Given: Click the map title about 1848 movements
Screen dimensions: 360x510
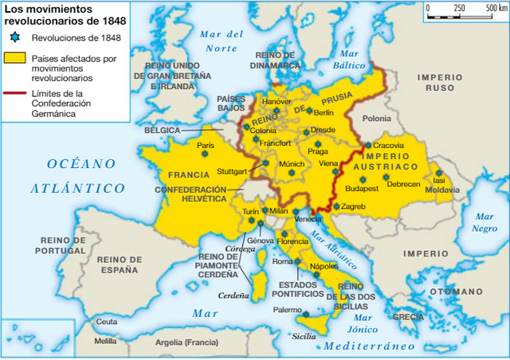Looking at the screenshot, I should coord(53,15).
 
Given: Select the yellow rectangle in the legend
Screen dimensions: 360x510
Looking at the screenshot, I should coord(15,58).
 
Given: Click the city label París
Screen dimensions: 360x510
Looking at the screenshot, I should coord(206,145).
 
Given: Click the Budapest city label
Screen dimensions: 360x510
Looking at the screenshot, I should coord(362,188).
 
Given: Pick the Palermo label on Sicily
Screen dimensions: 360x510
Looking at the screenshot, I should coord(288,309).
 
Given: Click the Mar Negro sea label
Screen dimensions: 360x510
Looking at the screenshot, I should coord(485,222).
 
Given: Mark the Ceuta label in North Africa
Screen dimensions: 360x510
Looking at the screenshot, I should coord(106,322).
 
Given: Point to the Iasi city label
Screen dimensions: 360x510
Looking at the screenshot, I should coord(440,180).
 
